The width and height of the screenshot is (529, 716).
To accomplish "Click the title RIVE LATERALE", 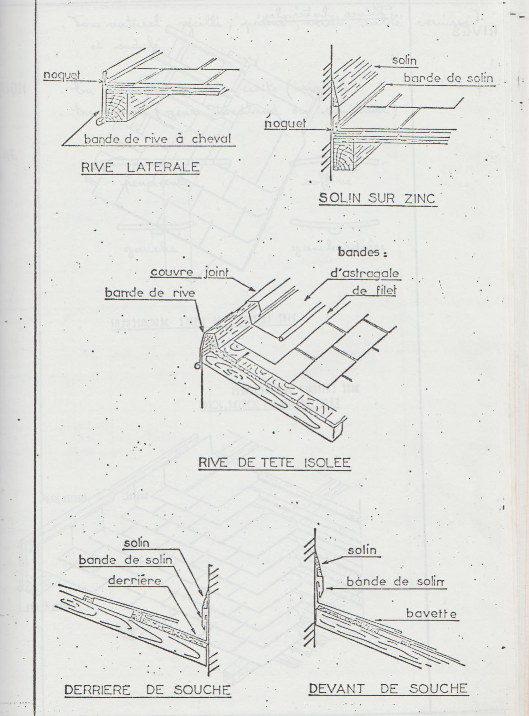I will pos(140,167).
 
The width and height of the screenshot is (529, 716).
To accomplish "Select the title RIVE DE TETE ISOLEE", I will pos(274,463).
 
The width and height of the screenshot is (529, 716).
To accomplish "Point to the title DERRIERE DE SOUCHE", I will pos(148,690).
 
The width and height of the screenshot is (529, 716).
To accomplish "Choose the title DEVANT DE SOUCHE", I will pos(388,688).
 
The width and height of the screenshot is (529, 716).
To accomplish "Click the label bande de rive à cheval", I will pos(157,139).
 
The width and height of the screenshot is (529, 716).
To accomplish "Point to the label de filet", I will pos(374,290).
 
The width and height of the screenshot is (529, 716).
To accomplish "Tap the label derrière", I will pos(135,580).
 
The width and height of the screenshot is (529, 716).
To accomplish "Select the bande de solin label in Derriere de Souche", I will pos(125,560).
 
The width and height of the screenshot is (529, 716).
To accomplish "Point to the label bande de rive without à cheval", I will pos(150,293).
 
